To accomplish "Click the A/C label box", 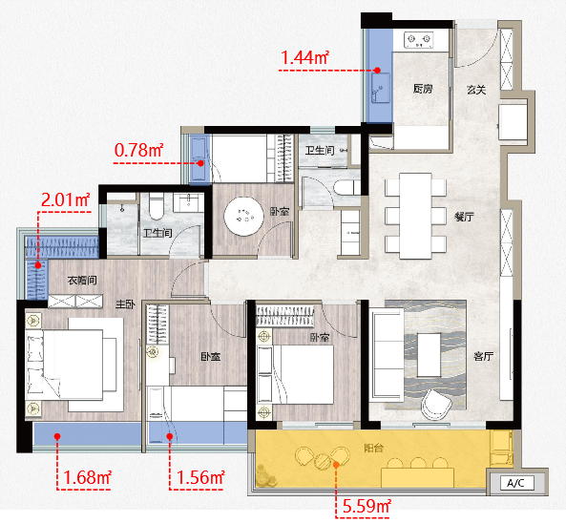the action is click(x=517, y=483).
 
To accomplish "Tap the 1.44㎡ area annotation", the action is click(x=304, y=57).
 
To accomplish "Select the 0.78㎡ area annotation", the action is click(x=138, y=150).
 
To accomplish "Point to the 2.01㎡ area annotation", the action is click(x=65, y=199).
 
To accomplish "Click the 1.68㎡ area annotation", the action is click(x=87, y=477).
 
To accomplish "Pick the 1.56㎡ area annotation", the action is click(x=200, y=477).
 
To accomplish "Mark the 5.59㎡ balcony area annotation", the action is click(x=367, y=506).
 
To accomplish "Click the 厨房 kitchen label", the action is click(x=423, y=89).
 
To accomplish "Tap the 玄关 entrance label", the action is click(x=476, y=90).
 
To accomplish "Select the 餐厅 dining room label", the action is click(x=464, y=217).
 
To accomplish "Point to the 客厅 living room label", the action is click(x=483, y=357).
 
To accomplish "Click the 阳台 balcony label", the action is click(x=373, y=449).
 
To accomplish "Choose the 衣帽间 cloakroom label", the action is click(x=82, y=280).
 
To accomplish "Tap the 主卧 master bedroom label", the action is click(x=125, y=304).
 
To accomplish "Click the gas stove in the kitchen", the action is click(x=418, y=40).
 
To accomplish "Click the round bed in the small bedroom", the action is click(x=243, y=217).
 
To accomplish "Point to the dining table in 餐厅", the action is click(x=415, y=216).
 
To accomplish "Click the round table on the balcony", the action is click(x=323, y=461).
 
